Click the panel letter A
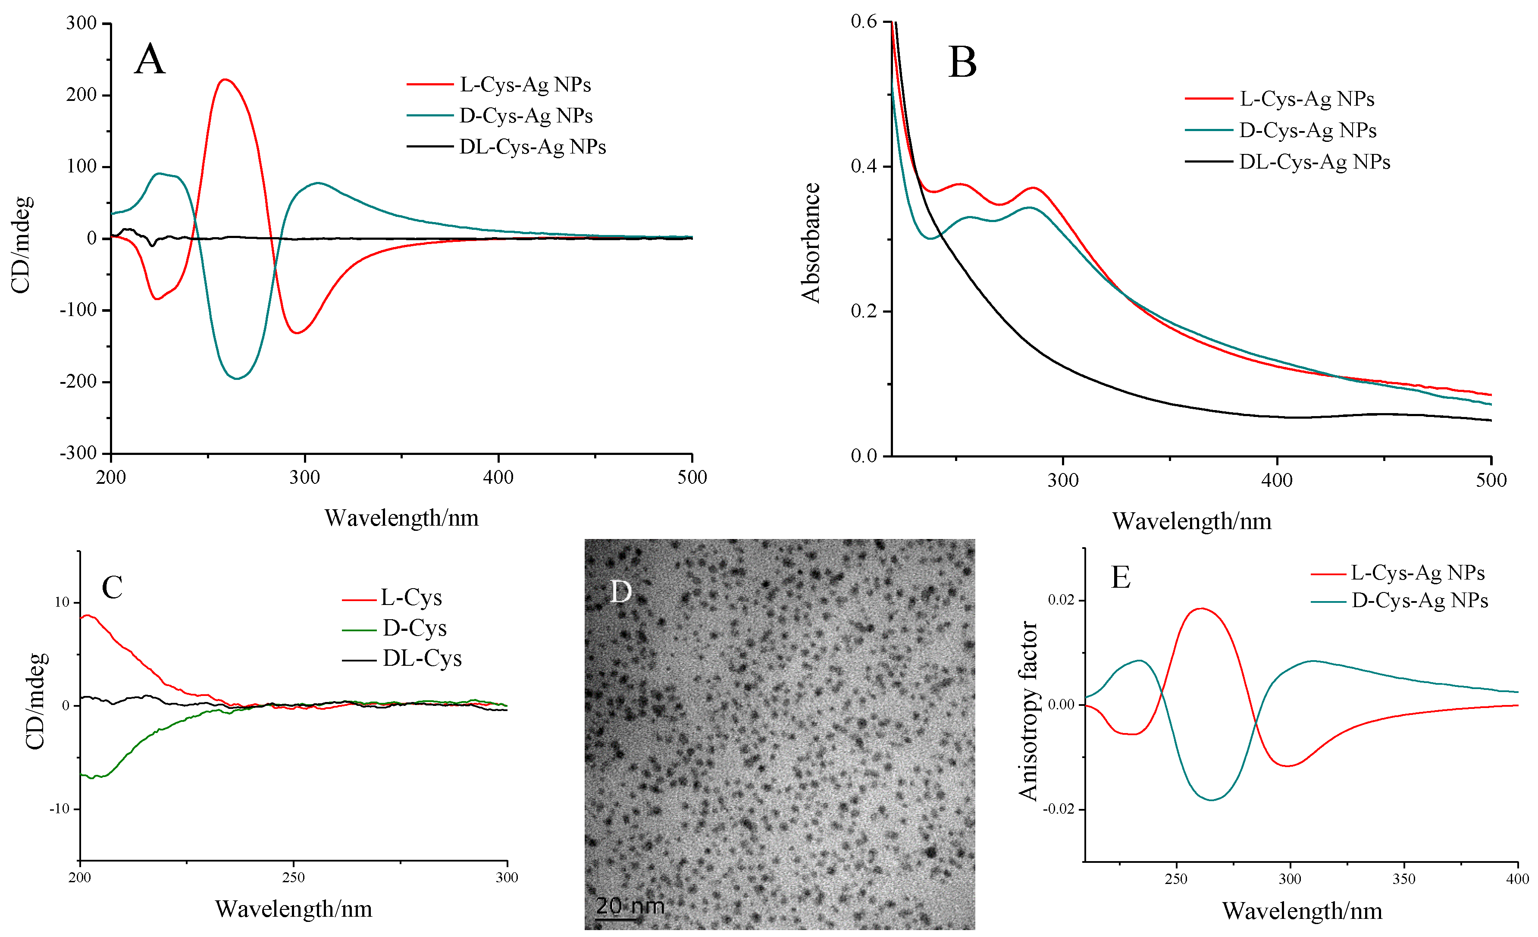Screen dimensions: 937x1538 click(x=150, y=60)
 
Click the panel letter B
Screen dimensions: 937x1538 click(x=962, y=63)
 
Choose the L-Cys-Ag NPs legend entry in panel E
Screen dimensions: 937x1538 click(x=1417, y=573)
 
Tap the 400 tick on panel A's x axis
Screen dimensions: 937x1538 click(x=498, y=477)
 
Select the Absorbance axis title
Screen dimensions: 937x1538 click(x=810, y=244)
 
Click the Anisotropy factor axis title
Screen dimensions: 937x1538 click(x=1027, y=710)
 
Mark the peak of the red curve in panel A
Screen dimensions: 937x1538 click(x=225, y=79)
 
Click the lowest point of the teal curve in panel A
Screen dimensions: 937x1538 click(x=237, y=378)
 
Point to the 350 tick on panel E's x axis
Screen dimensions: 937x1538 click(x=1404, y=879)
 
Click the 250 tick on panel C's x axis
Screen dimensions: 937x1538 click(x=293, y=877)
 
